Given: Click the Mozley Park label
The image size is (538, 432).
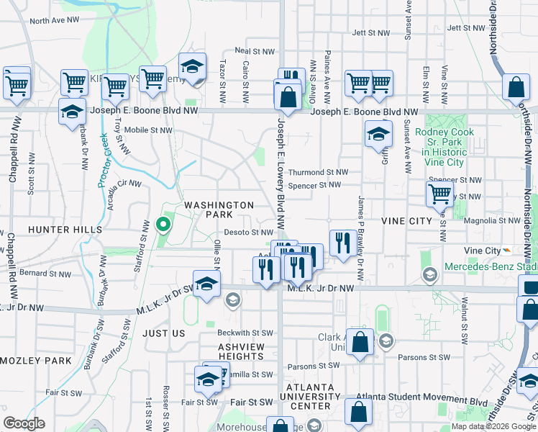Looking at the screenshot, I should [x=35, y=360].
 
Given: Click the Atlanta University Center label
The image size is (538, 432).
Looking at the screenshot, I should [x=310, y=395].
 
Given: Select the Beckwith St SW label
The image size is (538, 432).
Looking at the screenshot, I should [x=246, y=333].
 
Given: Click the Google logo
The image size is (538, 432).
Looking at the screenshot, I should [x=24, y=423].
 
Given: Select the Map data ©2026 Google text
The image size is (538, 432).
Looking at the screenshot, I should [x=493, y=426].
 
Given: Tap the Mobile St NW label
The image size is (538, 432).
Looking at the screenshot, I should [x=147, y=130].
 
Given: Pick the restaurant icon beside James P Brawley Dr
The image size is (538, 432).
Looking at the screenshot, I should [x=340, y=242].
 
